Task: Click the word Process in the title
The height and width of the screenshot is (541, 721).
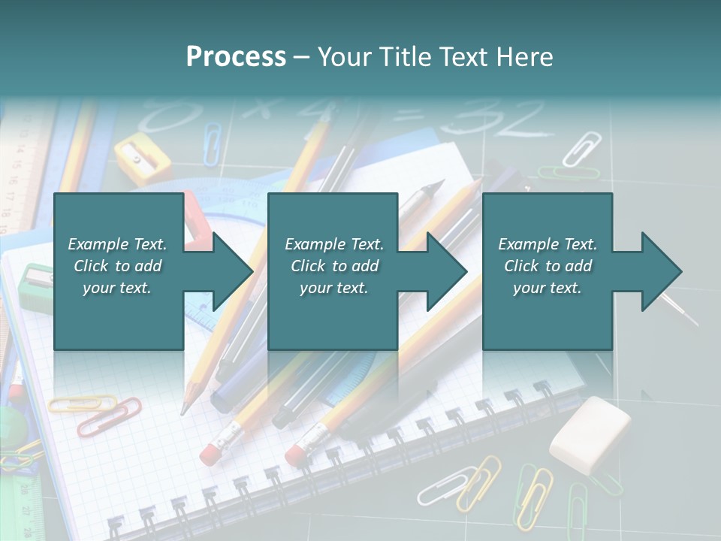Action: click(x=236, y=57)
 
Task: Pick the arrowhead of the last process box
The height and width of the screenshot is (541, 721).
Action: click(x=661, y=271)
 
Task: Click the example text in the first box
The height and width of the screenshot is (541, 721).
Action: click(x=117, y=266)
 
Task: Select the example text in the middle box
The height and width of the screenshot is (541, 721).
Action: click(x=333, y=266)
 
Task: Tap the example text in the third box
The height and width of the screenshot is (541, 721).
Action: click(x=548, y=266)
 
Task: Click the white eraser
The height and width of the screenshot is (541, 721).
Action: click(x=590, y=434)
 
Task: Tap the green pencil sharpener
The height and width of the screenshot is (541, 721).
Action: click(x=35, y=286)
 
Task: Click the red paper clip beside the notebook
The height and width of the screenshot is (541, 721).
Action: click(x=109, y=416)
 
